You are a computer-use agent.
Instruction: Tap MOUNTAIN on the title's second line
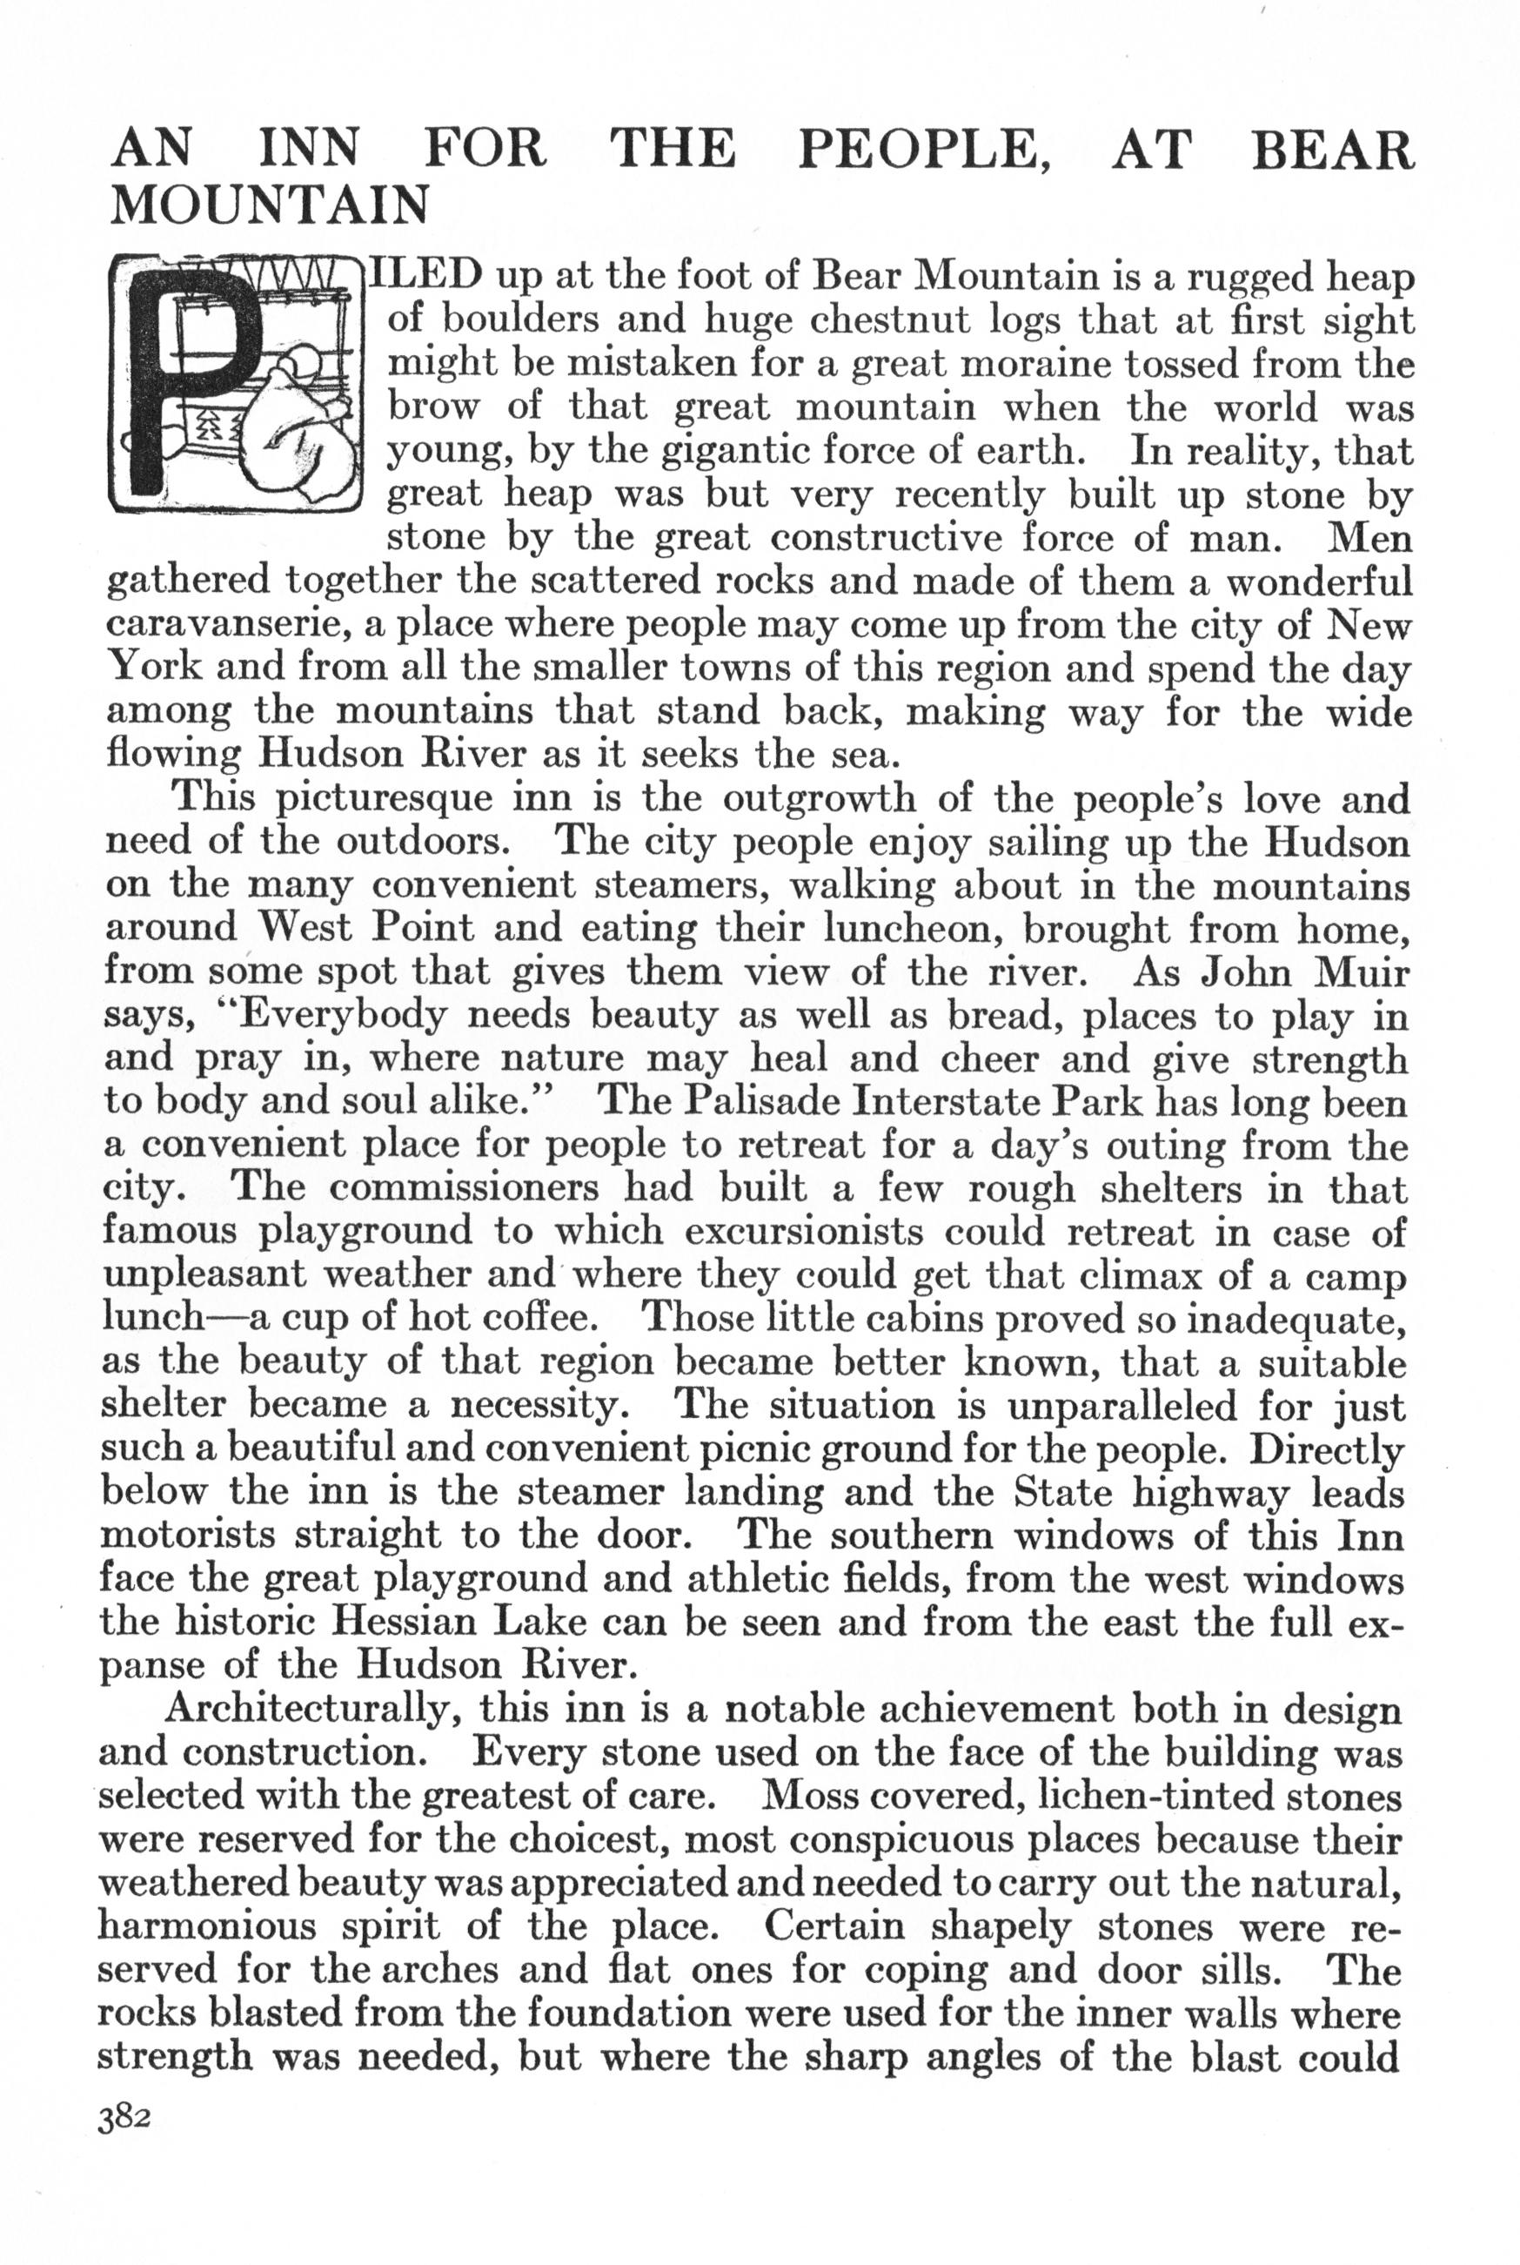click(271, 205)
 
